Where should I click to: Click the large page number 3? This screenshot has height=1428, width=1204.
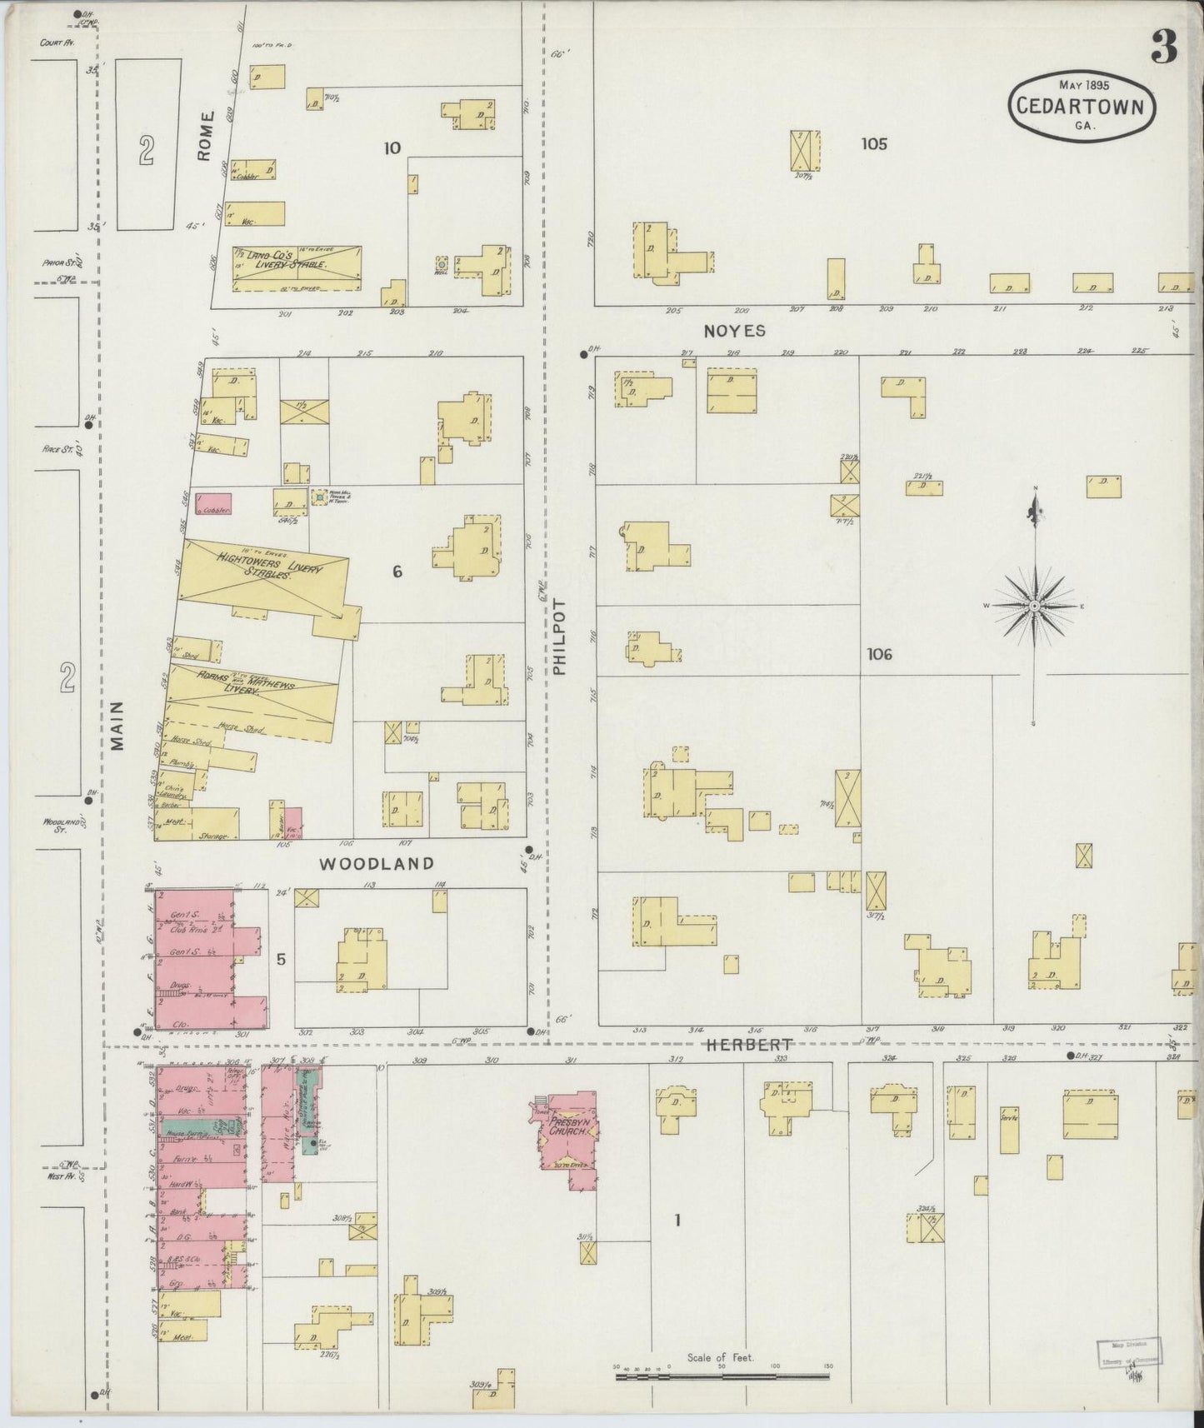pos(1164,50)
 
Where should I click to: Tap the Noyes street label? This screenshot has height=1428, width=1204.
pos(734,331)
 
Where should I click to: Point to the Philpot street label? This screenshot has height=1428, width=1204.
pos(559,637)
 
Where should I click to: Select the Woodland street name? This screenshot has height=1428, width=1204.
pos(377,864)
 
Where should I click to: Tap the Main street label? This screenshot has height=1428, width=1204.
pos(117,725)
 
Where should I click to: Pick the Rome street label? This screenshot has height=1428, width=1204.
pos(206,137)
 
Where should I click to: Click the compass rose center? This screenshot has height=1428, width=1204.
pos(1034,606)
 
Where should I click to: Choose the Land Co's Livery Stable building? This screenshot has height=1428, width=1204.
pos(296,268)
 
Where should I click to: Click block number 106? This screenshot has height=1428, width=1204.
pos(878,654)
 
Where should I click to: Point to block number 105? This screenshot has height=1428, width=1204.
pos(874,144)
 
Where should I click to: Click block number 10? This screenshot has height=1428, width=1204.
pos(392,148)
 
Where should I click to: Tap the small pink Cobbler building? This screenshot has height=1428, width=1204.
pos(213,504)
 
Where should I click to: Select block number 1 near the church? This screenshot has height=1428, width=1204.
pos(677,1221)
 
